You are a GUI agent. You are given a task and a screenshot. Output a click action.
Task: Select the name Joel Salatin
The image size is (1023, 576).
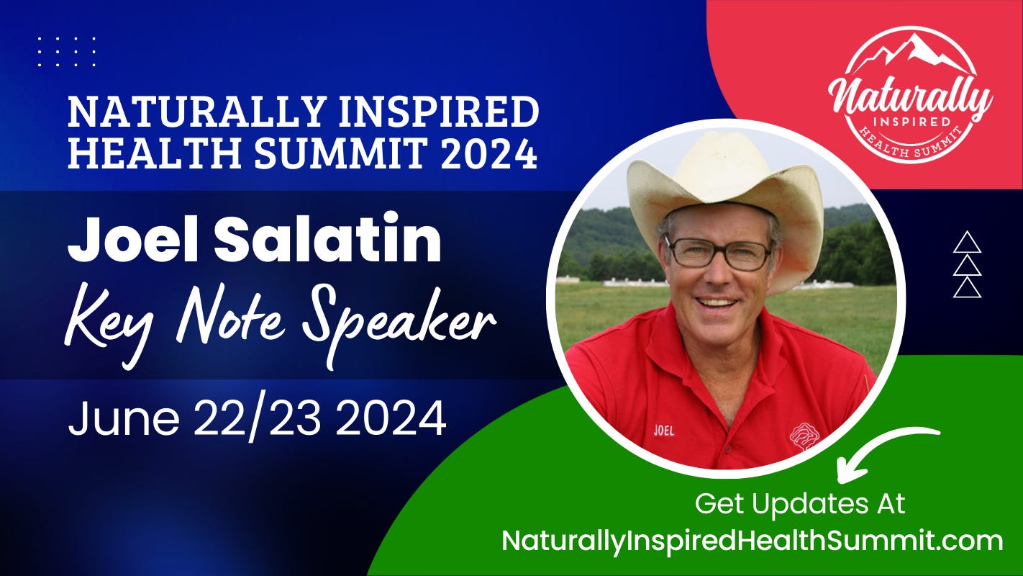[x=254, y=239]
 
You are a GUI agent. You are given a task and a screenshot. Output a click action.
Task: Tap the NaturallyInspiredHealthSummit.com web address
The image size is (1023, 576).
[x=752, y=541]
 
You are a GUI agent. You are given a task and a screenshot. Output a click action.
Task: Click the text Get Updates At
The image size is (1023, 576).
[x=799, y=504]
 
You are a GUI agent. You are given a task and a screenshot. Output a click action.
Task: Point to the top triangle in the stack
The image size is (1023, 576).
[x=967, y=242]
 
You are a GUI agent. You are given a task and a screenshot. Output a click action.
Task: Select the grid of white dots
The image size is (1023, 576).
[x=66, y=52]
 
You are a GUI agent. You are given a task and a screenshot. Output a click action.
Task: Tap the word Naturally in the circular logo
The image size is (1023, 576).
[x=910, y=96]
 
